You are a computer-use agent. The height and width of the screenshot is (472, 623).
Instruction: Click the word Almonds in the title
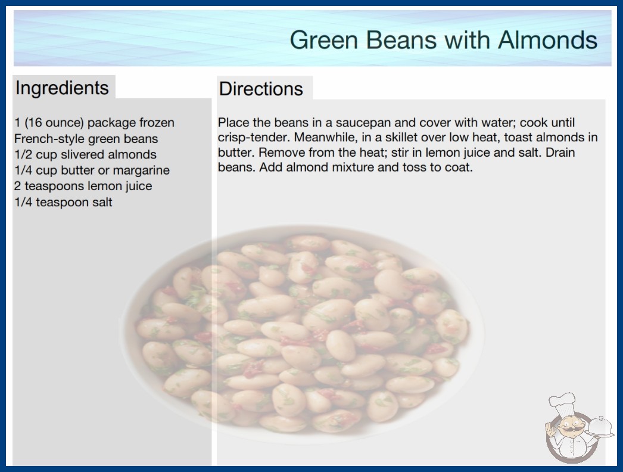coord(547,40)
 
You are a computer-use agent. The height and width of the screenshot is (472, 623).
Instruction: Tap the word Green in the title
coord(324,40)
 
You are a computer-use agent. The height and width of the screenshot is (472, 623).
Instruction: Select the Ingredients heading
coord(62,88)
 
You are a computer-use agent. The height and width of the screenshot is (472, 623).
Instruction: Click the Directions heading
coord(261,89)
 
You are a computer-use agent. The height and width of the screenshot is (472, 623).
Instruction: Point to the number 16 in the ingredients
coord(35,123)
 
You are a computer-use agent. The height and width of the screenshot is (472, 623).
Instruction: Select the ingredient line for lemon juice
coord(83,186)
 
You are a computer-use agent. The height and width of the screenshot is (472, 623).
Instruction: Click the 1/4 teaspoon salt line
coord(63,202)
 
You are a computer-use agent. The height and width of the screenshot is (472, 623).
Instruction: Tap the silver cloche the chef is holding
coord(600,427)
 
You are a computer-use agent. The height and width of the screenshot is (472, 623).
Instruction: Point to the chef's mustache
coord(568,430)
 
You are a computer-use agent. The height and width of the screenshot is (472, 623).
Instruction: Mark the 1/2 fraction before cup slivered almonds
coord(23,154)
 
